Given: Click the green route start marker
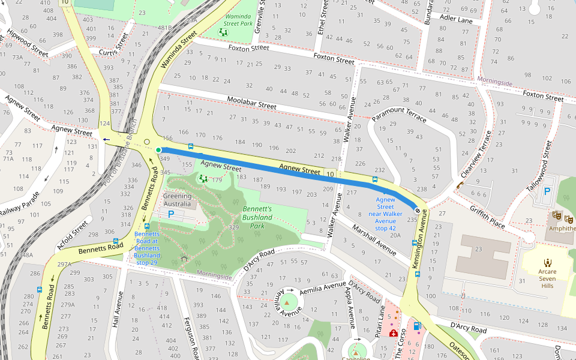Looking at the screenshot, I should click(x=158, y=150).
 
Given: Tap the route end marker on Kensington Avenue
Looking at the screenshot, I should click(x=417, y=210).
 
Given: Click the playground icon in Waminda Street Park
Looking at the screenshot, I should click(x=223, y=32).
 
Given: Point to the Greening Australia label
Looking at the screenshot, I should click(x=178, y=200).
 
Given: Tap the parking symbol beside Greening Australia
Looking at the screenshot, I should click(x=171, y=214).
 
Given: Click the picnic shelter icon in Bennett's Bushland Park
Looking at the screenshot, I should click(x=184, y=259).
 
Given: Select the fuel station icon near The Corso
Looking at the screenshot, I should click(x=418, y=326).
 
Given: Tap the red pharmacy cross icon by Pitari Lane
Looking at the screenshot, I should click(x=393, y=333).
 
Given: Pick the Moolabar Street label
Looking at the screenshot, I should click(x=251, y=102).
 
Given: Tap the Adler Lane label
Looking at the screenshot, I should click(x=456, y=20).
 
